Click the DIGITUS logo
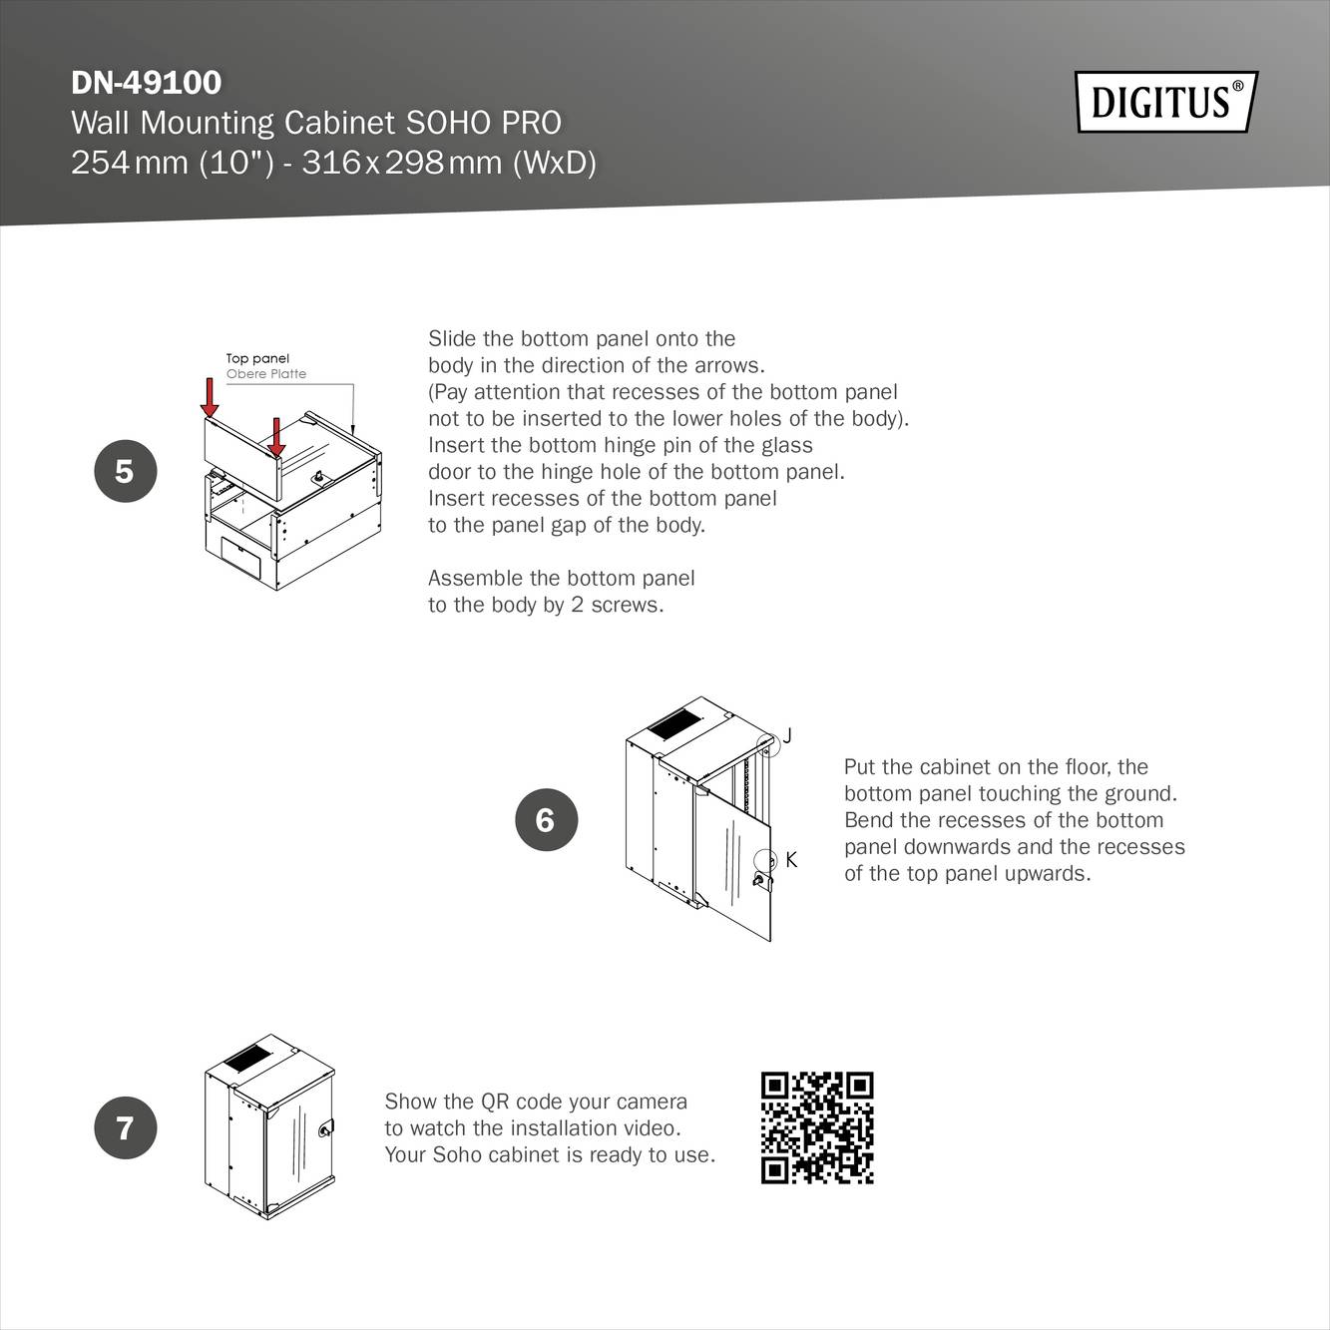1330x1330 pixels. pyautogui.click(x=1165, y=102)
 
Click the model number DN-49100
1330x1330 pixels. pyautogui.click(x=146, y=82)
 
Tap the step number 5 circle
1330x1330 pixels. pyautogui.click(x=125, y=471)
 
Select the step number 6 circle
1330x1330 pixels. pyautogui.click(x=546, y=819)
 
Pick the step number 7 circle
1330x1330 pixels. pyautogui.click(x=125, y=1127)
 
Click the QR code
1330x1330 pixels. pyautogui.click(x=817, y=1127)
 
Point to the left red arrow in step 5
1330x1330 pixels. pyautogui.click(x=210, y=397)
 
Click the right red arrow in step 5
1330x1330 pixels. pyautogui.click(x=276, y=437)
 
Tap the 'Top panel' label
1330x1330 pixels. pyautogui.click(x=257, y=358)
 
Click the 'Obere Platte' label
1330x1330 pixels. pyautogui.click(x=265, y=374)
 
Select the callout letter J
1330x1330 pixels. pyautogui.click(x=787, y=735)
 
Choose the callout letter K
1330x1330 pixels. pyautogui.click(x=791, y=859)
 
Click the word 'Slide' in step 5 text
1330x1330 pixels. pyautogui.click(x=451, y=339)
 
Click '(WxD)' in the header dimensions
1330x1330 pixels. pyautogui.click(x=554, y=162)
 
